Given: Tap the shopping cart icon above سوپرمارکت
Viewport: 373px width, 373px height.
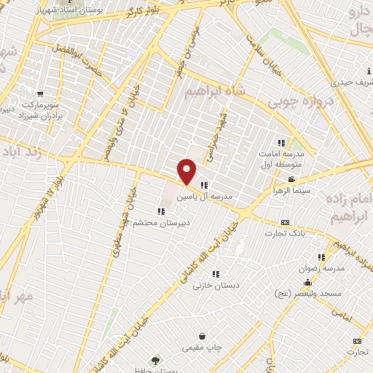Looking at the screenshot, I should coord(39,93).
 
